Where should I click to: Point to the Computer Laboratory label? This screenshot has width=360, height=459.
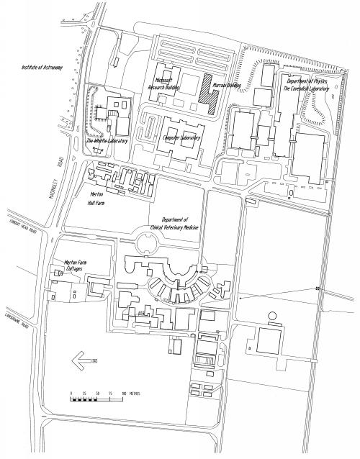pyautogui.click(x=181, y=137)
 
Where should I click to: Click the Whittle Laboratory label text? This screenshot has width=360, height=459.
pyautogui.click(x=107, y=141)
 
